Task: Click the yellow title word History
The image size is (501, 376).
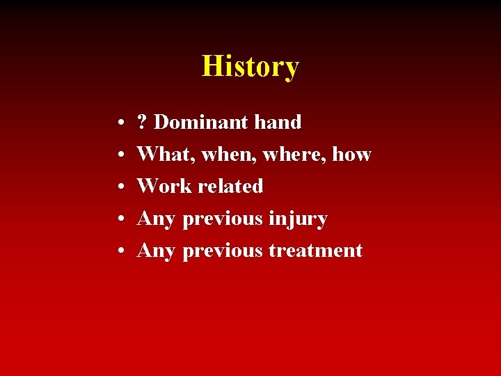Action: [x=250, y=67]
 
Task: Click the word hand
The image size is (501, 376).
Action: [x=278, y=123]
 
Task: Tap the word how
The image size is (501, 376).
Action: [x=351, y=155]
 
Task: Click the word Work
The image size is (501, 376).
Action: [x=165, y=187]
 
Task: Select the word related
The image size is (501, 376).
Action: [x=230, y=187]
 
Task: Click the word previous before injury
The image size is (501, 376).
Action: [x=223, y=219]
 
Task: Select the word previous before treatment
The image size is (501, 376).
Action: [x=223, y=251]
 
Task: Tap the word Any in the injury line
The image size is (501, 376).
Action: [x=156, y=219]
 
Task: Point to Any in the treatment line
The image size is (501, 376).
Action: [x=156, y=251]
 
